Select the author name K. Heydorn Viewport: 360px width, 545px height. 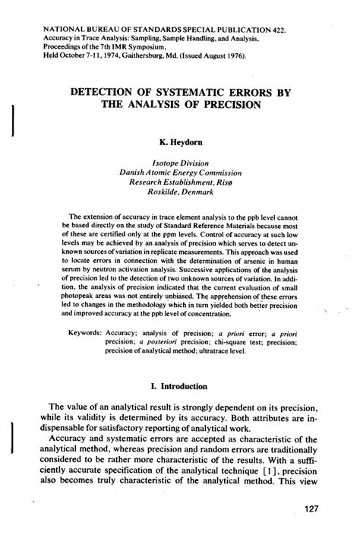[x=180, y=141]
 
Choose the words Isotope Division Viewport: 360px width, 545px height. [x=180, y=162]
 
